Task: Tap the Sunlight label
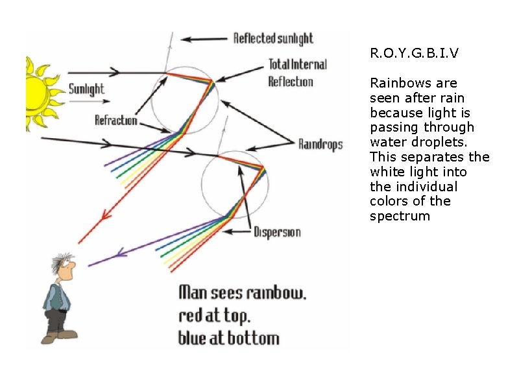click(x=86, y=89)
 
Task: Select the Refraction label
click(x=116, y=120)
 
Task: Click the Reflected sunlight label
click(x=273, y=38)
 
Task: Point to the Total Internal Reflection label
click(x=297, y=73)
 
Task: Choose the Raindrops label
click(x=320, y=145)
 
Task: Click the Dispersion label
click(x=277, y=232)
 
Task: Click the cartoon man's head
click(x=64, y=265)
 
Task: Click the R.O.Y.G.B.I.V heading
click(x=414, y=53)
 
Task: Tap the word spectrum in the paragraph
click(x=400, y=217)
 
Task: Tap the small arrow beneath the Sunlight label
click(x=90, y=101)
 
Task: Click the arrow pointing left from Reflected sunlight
click(x=204, y=40)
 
